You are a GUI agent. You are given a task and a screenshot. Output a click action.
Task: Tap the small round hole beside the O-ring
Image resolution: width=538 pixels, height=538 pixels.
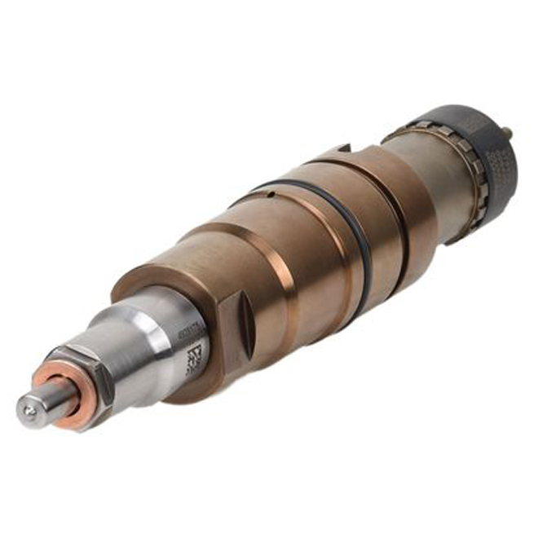(x=270, y=193)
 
